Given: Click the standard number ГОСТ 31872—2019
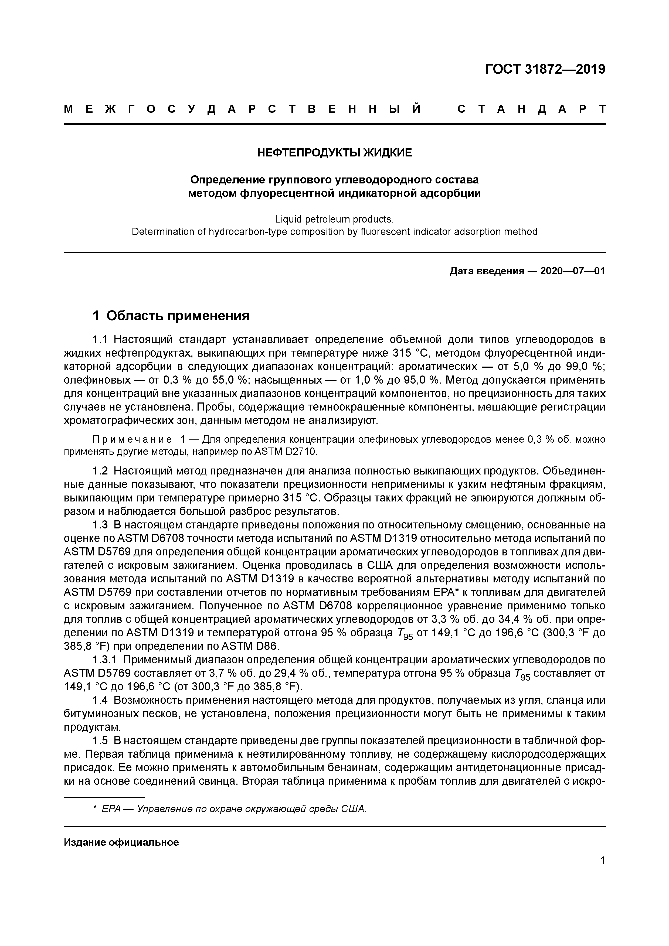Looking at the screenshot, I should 545,69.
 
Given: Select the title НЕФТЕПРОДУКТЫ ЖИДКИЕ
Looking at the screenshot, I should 334,153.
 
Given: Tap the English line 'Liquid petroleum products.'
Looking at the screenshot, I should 334,218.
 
